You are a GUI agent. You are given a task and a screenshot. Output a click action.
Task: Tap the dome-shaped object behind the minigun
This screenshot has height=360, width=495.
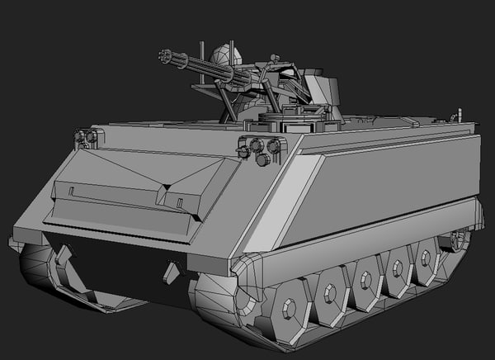[x=224, y=56]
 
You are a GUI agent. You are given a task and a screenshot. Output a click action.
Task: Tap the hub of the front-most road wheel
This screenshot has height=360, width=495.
[x=289, y=310]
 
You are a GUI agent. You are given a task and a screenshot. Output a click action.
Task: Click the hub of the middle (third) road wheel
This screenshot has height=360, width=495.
[x=365, y=279]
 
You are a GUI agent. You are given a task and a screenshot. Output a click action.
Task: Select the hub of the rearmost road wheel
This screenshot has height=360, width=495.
[x=426, y=256]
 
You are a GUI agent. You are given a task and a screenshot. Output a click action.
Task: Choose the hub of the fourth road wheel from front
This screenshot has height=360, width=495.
[x=398, y=267]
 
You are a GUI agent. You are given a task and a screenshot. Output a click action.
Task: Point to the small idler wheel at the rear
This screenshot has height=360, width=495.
[x=456, y=241]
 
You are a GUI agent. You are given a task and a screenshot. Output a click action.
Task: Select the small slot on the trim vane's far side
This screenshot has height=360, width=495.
[x=72, y=192]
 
